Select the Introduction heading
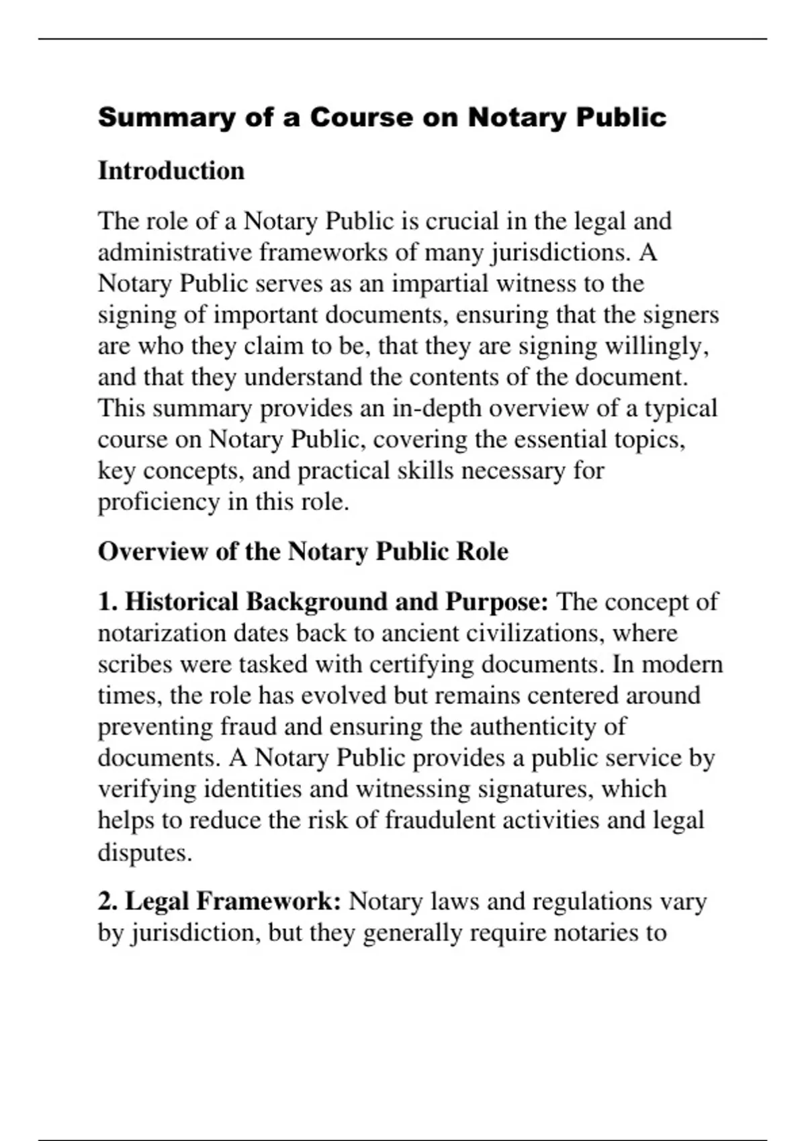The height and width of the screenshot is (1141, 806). click(171, 170)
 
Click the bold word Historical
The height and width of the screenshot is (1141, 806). click(181, 602)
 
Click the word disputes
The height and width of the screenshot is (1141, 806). click(145, 852)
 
